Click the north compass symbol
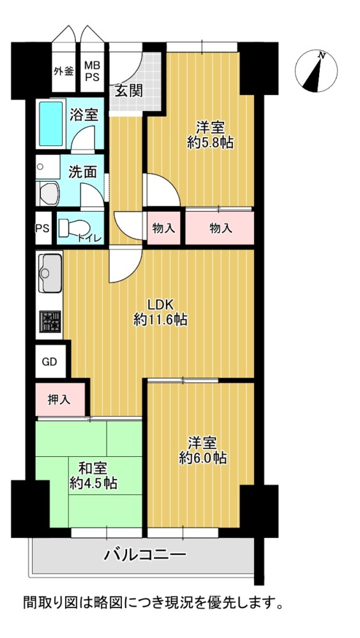click(x=316, y=71)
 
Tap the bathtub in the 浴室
click(x=51, y=124)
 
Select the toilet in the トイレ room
click(x=73, y=228)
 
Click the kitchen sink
click(x=50, y=272)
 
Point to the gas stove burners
click(x=50, y=321)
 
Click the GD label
click(x=50, y=362)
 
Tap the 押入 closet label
click(x=59, y=400)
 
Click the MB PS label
click(x=92, y=71)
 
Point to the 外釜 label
click(x=64, y=71)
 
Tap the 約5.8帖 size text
click(x=210, y=142)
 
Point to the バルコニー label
click(x=146, y=554)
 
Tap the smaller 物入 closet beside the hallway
click(x=163, y=228)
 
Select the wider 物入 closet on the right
click(x=220, y=228)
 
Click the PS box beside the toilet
click(x=43, y=228)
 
